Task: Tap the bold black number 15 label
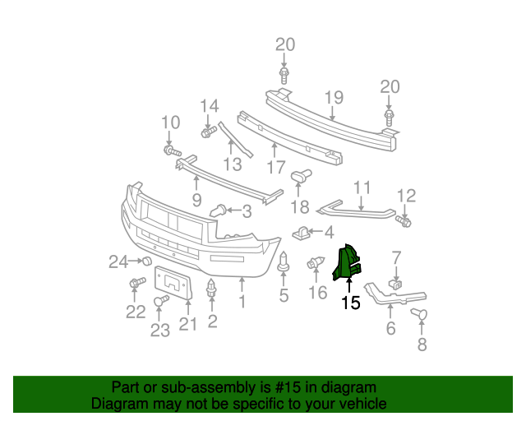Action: point(351,303)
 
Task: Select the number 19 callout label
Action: point(332,99)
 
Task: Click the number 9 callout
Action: point(196,199)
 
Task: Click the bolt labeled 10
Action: point(172,151)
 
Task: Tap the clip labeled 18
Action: point(303,175)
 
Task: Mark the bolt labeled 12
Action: point(404,220)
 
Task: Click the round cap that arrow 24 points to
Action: point(147,261)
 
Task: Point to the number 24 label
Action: point(119,262)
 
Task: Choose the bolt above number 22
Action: point(134,284)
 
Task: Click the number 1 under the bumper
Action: point(242,303)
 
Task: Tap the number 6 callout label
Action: point(390,329)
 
